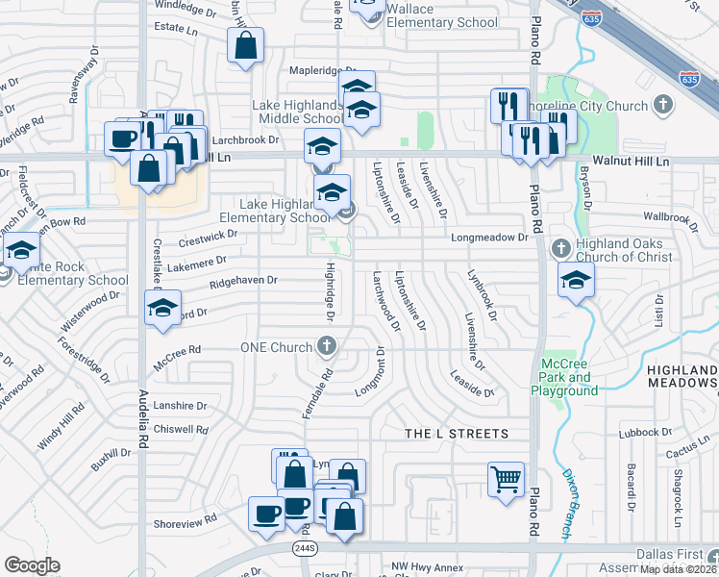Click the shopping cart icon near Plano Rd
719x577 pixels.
click(506, 478)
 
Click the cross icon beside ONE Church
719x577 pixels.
click(327, 346)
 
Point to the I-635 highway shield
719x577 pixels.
click(688, 78)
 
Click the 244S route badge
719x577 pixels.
click(306, 546)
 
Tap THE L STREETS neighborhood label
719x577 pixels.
click(457, 434)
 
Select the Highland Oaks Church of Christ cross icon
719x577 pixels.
click(562, 249)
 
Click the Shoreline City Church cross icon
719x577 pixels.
click(662, 103)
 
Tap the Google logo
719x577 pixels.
click(32, 565)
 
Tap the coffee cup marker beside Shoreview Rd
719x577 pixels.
click(266, 513)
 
